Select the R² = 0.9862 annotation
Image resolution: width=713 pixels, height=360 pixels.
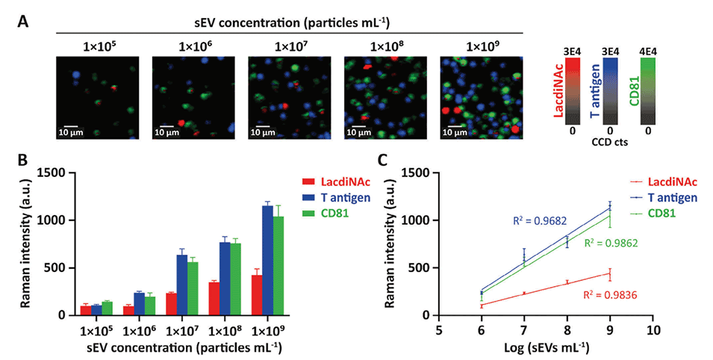click(x=611, y=243)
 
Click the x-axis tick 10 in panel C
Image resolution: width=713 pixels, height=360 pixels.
click(x=654, y=329)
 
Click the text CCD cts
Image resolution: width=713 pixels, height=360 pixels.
click(x=610, y=141)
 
